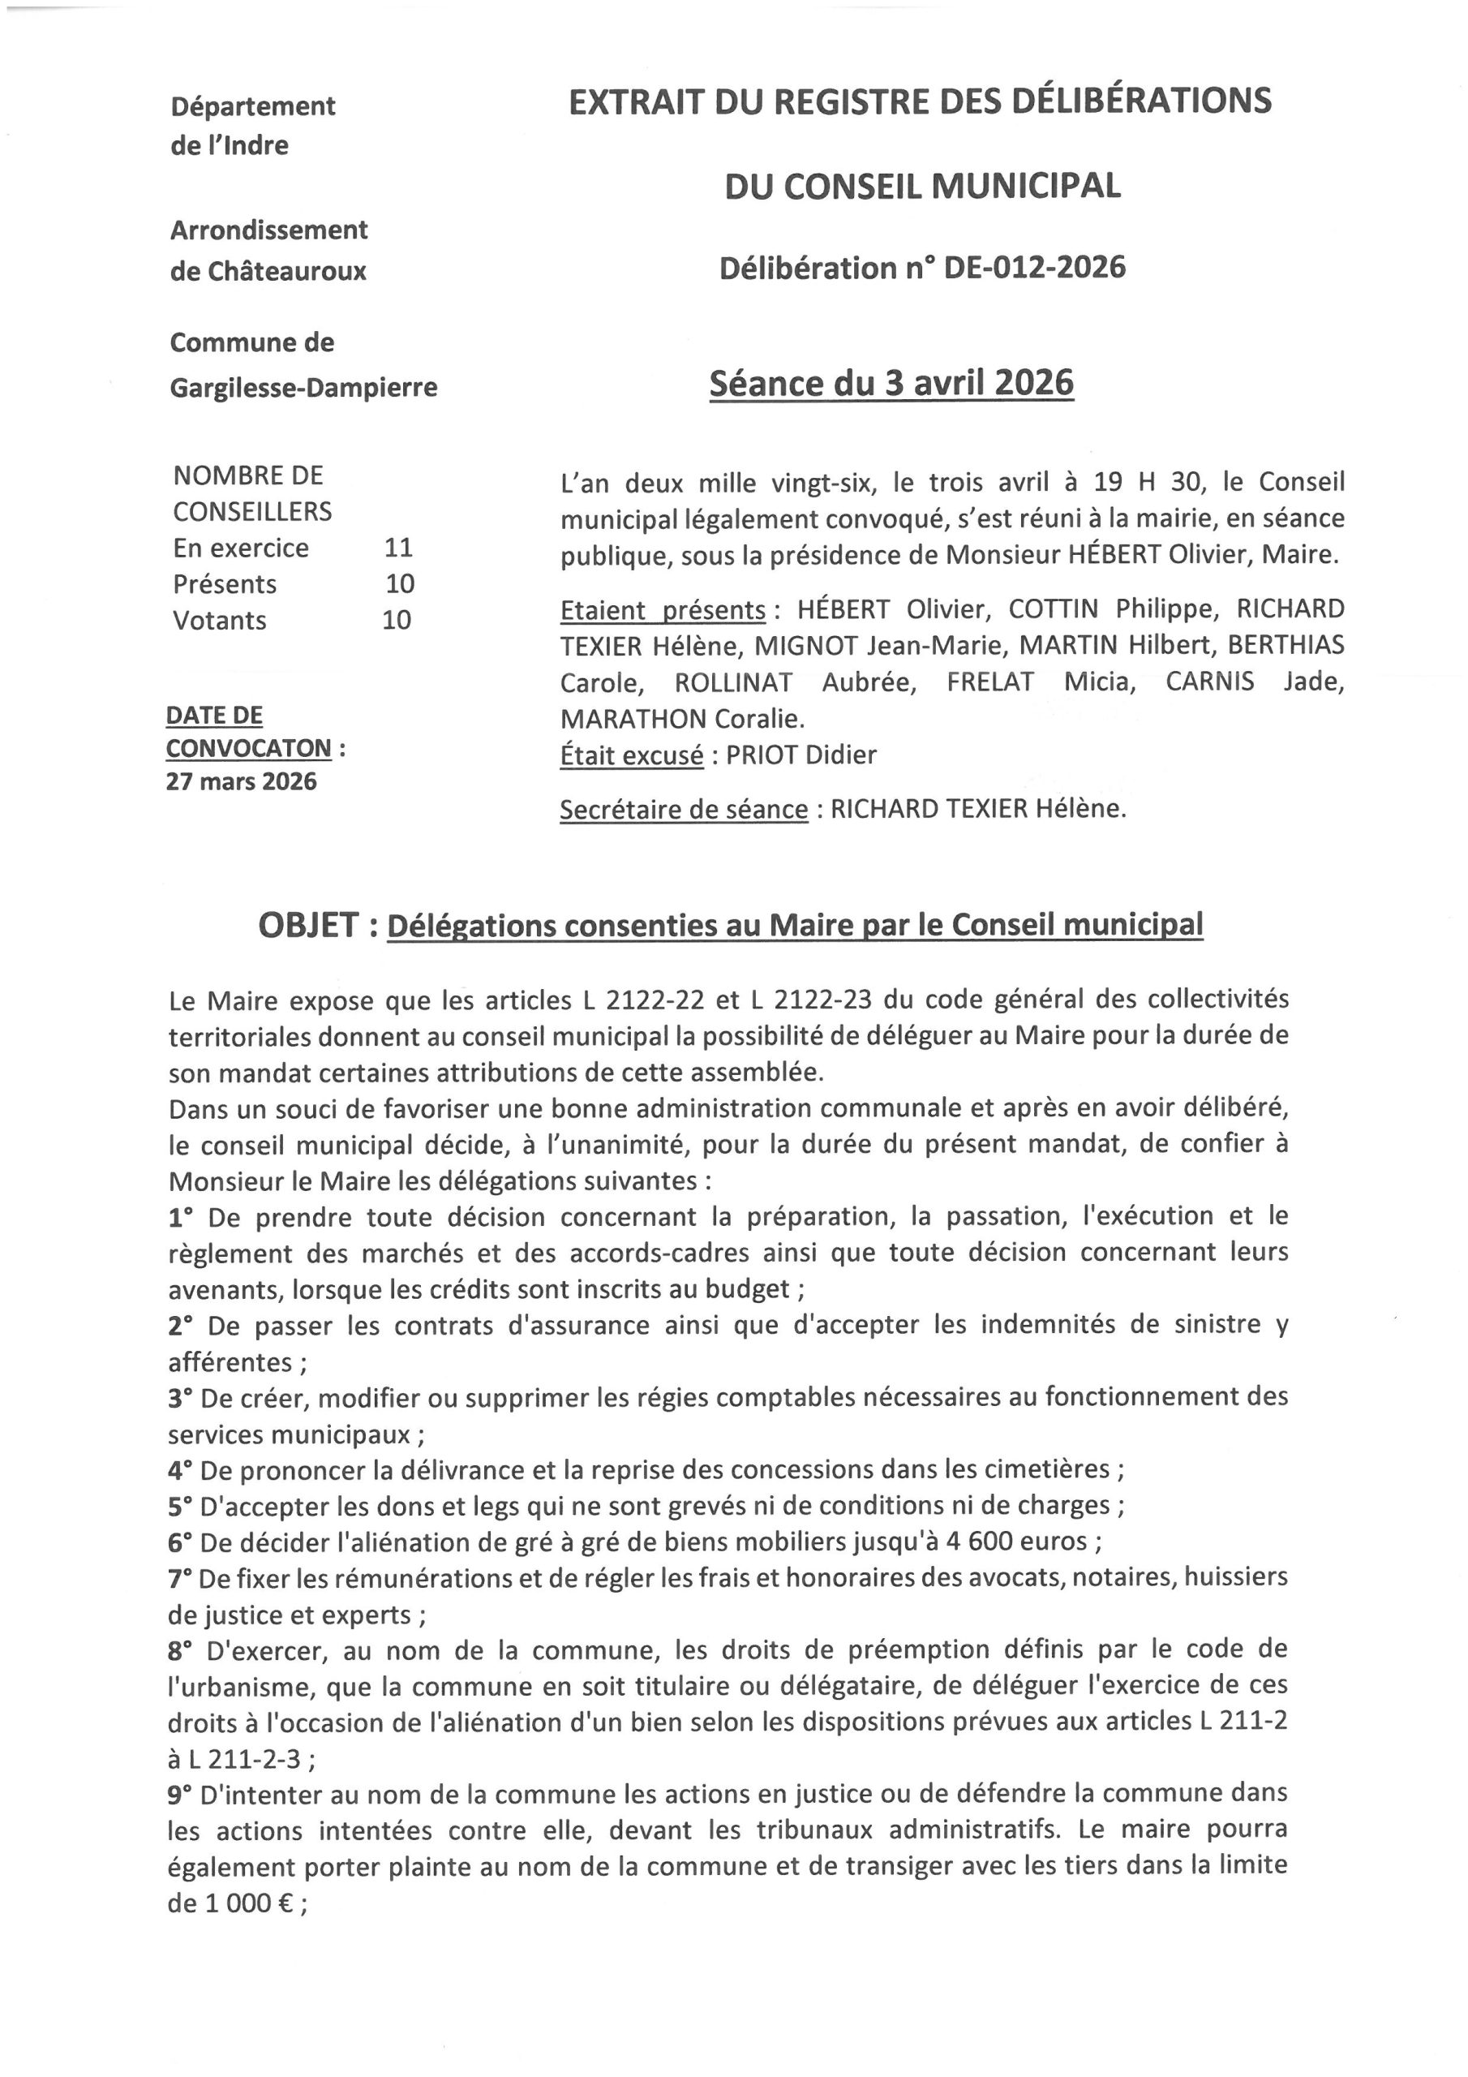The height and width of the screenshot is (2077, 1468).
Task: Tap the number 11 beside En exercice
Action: pyautogui.click(x=398, y=548)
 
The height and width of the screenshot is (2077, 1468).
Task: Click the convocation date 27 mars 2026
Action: pyautogui.click(x=242, y=781)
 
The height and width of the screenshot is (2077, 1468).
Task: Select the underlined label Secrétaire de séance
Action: pyautogui.click(x=683, y=809)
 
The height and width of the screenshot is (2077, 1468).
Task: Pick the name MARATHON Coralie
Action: pyautogui.click(x=682, y=718)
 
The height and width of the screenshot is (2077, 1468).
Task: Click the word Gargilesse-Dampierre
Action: pyautogui.click(x=304, y=387)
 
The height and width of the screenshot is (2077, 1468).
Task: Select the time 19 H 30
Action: pyautogui.click(x=1149, y=481)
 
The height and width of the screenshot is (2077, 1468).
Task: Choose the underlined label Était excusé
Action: pyautogui.click(x=631, y=755)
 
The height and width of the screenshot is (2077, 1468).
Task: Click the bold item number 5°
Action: pyautogui.click(x=180, y=1504)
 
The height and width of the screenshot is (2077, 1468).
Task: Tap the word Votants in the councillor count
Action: pyautogui.click(x=220, y=621)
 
